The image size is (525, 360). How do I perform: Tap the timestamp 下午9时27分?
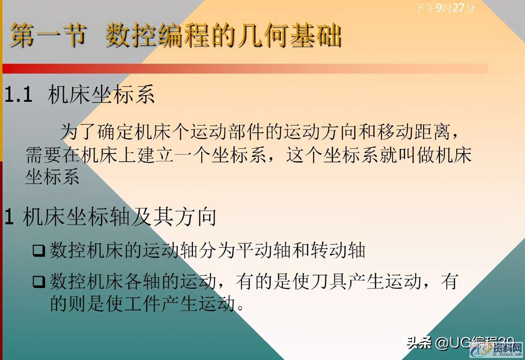[x=446, y=8]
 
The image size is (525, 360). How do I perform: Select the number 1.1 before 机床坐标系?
[x=19, y=96]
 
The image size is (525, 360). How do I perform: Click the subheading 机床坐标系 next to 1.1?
[x=101, y=96]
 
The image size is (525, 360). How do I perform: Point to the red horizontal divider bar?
[x=244, y=69]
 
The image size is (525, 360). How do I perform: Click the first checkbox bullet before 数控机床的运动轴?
[x=39, y=251]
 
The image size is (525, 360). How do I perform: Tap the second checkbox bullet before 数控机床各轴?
[x=39, y=282]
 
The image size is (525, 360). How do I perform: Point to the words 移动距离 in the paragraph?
[x=422, y=132]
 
